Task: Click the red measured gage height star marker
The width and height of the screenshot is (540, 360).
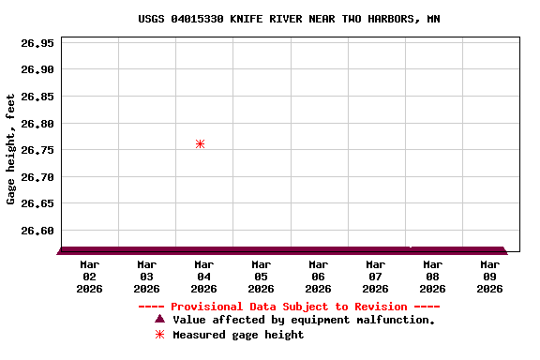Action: coord(200,143)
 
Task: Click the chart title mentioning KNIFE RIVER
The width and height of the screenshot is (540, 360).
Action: coord(289,19)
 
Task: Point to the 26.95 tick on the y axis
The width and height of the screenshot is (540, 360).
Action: coord(38,43)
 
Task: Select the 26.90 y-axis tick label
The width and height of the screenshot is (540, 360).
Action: coord(38,69)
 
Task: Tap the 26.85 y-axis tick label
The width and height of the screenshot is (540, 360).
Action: coord(38,97)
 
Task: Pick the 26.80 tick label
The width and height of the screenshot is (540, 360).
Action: coord(38,124)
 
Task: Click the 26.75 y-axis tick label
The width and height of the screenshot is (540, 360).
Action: coord(38,150)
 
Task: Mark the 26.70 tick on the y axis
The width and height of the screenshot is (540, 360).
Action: coord(38,177)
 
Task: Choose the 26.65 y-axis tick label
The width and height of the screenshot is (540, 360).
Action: coord(38,203)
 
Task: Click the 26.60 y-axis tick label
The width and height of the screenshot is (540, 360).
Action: coord(38,231)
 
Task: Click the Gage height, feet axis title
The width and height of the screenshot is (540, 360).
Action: coord(11,149)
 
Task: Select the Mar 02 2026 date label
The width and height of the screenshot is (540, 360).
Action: coord(89,277)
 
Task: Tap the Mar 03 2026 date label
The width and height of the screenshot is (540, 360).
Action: coord(146,277)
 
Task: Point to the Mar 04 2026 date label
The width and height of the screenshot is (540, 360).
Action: coord(203,277)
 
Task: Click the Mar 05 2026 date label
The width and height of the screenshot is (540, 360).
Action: coord(261,277)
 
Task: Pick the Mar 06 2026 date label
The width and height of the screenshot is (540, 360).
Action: coord(318,277)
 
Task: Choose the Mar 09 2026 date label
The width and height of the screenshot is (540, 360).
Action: coord(489,277)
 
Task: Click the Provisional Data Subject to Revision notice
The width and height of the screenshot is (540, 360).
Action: coord(289,307)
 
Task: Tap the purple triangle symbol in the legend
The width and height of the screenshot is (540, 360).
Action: coord(159,320)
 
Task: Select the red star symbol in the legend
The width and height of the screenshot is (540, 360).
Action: coord(159,335)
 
